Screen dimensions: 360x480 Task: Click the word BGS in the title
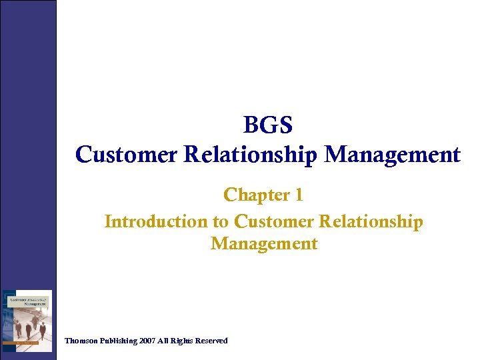(x=268, y=125)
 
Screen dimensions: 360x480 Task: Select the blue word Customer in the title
(x=127, y=155)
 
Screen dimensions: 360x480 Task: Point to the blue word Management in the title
(x=393, y=155)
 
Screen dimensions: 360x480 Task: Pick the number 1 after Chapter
(x=298, y=195)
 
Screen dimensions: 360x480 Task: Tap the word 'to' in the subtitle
(x=222, y=221)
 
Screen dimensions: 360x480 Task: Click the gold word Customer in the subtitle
(x=275, y=221)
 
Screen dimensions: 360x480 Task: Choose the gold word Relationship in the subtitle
(x=371, y=221)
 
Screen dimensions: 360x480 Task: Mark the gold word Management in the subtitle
(x=264, y=243)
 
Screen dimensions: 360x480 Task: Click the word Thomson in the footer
(x=81, y=341)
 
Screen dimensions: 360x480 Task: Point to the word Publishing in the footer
(x=117, y=341)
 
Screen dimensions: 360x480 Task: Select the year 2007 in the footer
(x=148, y=341)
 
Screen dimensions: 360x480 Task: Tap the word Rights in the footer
(x=184, y=341)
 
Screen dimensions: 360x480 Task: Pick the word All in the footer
(x=165, y=341)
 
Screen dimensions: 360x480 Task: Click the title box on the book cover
(x=28, y=302)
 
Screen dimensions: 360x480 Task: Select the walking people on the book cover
(x=30, y=327)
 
